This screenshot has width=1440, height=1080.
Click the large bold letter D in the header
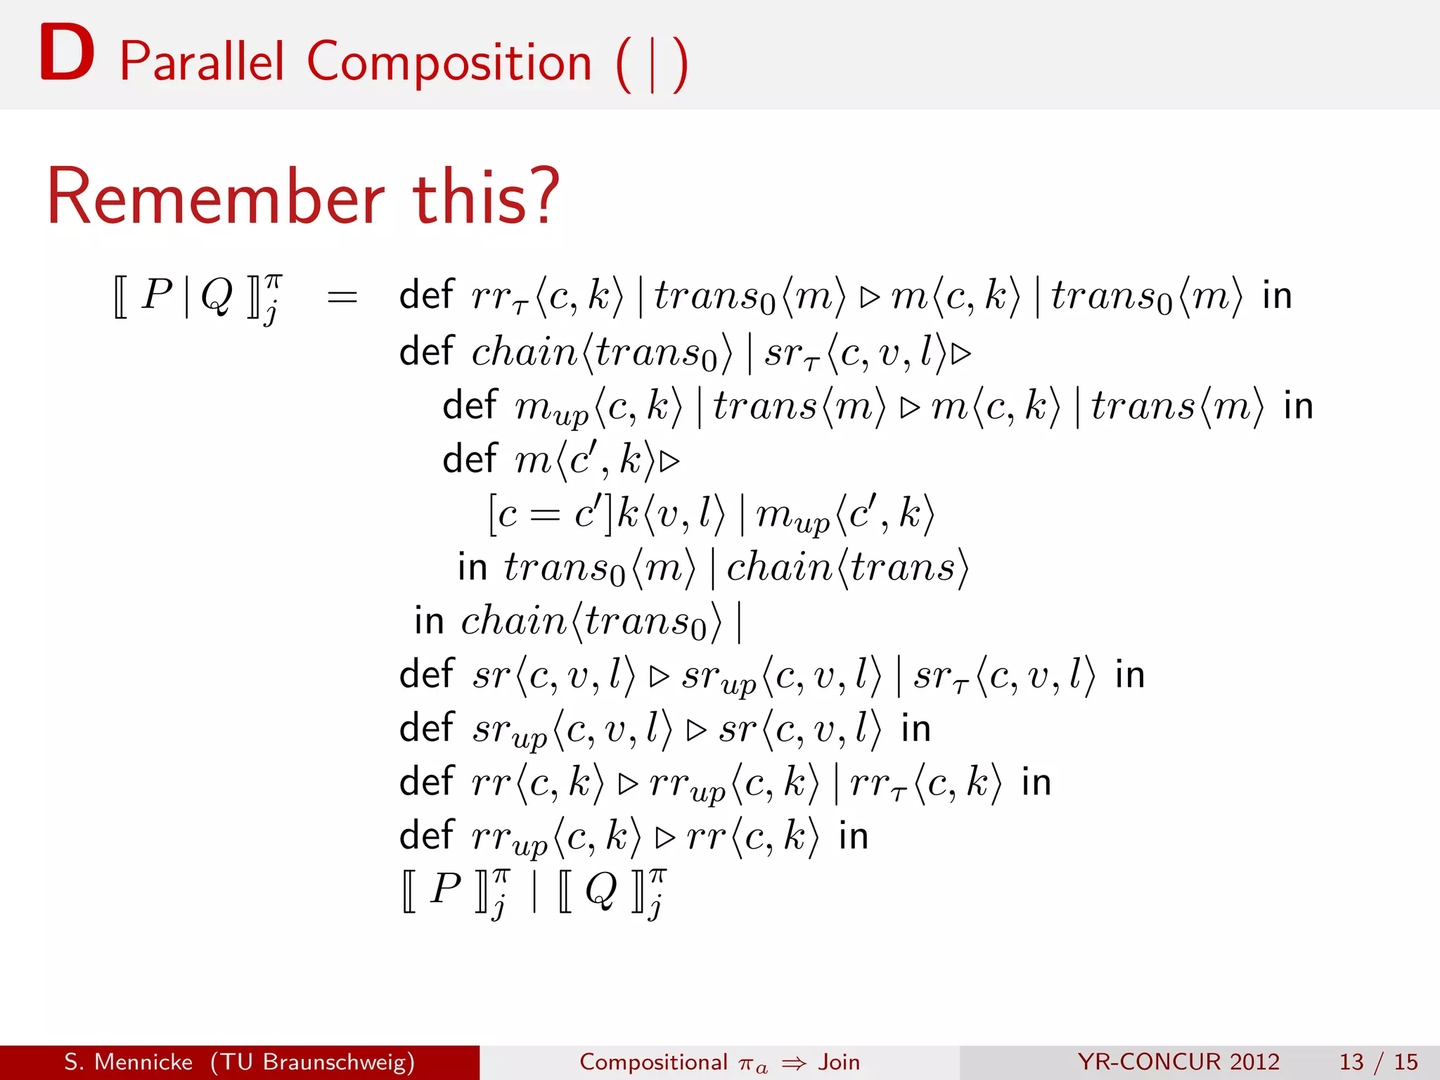click(x=67, y=53)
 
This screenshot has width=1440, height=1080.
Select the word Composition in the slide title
click(x=449, y=63)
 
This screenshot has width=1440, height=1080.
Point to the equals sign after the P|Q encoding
click(x=342, y=297)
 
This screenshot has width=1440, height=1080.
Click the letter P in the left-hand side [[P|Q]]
click(x=157, y=294)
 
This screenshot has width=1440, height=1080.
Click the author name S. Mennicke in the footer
click(x=129, y=1062)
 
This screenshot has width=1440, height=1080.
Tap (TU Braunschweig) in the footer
click(x=312, y=1062)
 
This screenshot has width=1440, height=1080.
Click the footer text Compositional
click(x=653, y=1062)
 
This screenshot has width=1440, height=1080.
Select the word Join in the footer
click(x=839, y=1062)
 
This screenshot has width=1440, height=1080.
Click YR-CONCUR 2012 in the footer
click(x=1178, y=1062)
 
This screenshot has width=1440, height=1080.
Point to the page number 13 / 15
click(x=1378, y=1062)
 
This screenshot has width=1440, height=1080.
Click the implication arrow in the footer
click(x=794, y=1063)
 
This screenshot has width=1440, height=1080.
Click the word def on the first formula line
click(x=427, y=295)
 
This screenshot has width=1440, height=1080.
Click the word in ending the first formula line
click(x=1277, y=295)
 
